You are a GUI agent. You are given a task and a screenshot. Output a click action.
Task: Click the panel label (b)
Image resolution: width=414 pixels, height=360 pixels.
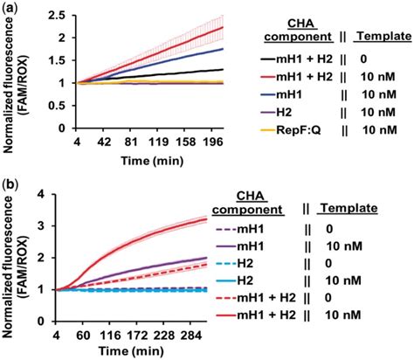tap(10, 186)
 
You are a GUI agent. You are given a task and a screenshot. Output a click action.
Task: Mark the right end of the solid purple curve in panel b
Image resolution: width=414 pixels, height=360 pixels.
tap(279, 258)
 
